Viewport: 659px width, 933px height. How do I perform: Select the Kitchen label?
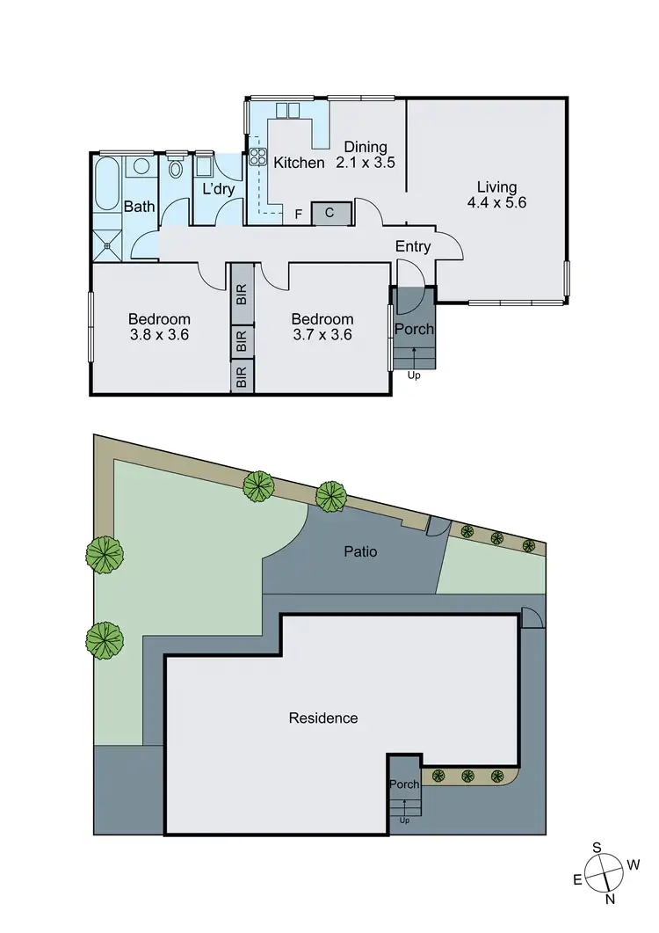pyautogui.click(x=300, y=163)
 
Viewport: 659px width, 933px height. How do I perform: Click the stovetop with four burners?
pyautogui.click(x=258, y=157)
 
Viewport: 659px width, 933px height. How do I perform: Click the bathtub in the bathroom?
pyautogui.click(x=108, y=184)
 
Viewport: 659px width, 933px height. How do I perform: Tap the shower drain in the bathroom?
pyautogui.click(x=108, y=245)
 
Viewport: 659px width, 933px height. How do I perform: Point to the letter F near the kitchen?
pyautogui.click(x=299, y=214)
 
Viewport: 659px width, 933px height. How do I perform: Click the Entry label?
pyautogui.click(x=412, y=246)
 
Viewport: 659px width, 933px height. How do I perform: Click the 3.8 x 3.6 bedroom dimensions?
pyautogui.click(x=159, y=334)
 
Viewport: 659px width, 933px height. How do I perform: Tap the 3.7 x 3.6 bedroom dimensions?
pyautogui.click(x=322, y=334)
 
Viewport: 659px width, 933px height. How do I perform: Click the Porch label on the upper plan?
pyautogui.click(x=412, y=329)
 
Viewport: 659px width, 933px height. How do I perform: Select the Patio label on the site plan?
pyautogui.click(x=361, y=552)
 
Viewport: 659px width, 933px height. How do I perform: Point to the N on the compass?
pyautogui.click(x=609, y=899)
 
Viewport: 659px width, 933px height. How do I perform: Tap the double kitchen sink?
pyautogui.click(x=289, y=111)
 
